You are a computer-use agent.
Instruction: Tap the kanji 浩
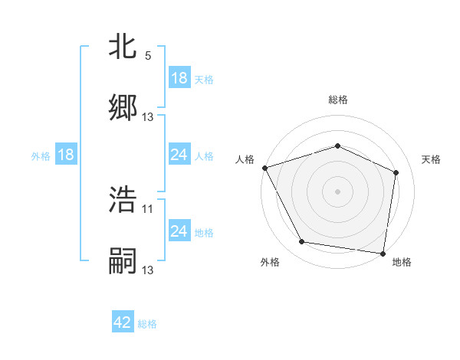123,200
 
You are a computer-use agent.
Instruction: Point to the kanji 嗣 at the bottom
123,260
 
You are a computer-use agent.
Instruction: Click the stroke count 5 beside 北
148,56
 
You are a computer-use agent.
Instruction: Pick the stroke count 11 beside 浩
148,208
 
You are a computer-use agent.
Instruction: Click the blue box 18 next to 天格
179,78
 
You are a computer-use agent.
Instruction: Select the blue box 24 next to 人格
179,155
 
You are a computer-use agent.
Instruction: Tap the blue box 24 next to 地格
179,231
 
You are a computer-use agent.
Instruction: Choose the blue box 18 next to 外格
66,155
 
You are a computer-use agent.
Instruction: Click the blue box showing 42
123,323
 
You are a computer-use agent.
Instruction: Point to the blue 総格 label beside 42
147,324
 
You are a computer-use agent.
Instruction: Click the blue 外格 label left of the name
41,155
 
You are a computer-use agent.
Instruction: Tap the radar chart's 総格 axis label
337,100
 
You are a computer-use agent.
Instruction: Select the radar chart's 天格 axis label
432,159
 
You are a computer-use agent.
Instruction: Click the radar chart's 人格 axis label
245,159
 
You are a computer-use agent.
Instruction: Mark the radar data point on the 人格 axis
264,168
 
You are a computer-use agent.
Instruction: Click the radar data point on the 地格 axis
383,253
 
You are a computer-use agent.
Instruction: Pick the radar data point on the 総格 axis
337,146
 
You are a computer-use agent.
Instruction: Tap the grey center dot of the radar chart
337,191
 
